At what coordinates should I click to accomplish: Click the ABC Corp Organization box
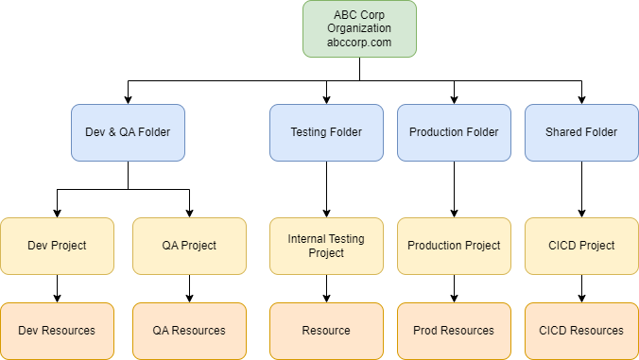point(359,28)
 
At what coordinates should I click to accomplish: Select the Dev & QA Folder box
point(128,131)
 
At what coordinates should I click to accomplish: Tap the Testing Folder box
point(326,131)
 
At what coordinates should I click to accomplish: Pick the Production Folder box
point(454,131)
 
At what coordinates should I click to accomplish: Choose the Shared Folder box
point(581,131)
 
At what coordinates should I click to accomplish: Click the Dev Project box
point(57,246)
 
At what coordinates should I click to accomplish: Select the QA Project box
point(189,246)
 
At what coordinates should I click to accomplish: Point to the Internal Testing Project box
point(326,246)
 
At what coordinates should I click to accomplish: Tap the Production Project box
point(454,246)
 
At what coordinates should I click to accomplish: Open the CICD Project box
point(581,246)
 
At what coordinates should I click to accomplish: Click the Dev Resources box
point(57,331)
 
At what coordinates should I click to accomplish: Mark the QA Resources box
point(189,331)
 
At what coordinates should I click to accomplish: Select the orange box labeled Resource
point(326,331)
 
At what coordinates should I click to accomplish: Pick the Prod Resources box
point(454,331)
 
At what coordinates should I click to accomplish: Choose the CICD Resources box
point(581,331)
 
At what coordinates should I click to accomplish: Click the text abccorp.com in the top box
point(359,42)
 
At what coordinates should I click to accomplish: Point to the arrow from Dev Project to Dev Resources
point(57,288)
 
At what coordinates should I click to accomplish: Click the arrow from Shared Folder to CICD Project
point(581,189)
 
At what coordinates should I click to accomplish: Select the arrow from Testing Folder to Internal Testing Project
point(326,189)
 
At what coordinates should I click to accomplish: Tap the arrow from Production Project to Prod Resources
point(454,288)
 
